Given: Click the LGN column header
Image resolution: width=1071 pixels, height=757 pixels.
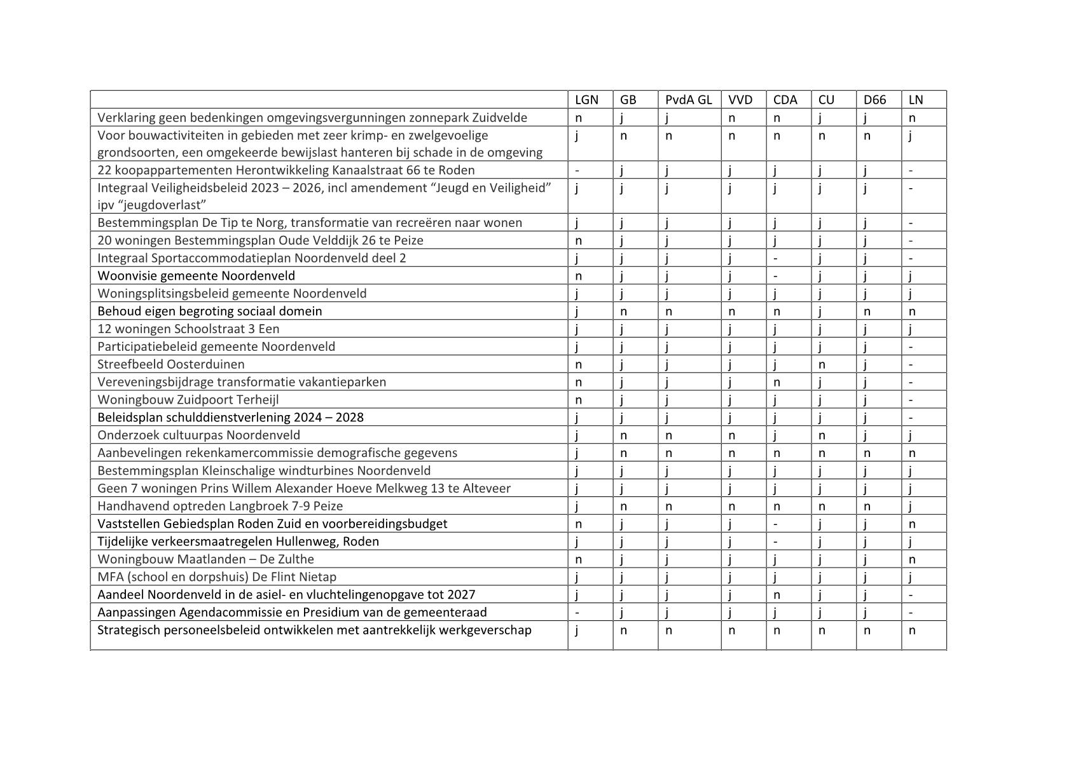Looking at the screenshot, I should (x=586, y=100).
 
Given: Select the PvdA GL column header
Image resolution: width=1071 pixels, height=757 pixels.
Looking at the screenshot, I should (x=688, y=100).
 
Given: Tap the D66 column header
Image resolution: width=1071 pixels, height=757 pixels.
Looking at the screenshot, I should (x=875, y=100).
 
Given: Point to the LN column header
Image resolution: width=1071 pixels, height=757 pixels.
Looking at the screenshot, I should (x=916, y=100).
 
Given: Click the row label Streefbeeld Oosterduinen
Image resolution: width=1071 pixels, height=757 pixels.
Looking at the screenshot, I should (x=170, y=364).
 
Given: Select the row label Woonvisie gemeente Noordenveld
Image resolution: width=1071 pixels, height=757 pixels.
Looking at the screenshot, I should (x=196, y=276).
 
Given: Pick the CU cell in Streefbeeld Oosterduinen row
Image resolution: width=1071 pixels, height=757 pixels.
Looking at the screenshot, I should (x=822, y=364).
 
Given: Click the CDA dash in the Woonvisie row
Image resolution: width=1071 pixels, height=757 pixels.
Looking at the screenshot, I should (x=776, y=276).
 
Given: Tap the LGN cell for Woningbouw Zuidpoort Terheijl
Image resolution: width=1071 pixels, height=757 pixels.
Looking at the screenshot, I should (x=579, y=400).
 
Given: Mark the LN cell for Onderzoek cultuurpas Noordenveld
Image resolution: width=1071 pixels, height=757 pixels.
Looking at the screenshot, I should (x=911, y=435).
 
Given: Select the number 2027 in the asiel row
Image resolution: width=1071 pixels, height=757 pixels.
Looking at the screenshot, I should (x=461, y=595).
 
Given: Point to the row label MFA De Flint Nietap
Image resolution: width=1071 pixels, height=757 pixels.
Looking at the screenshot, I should (x=216, y=577).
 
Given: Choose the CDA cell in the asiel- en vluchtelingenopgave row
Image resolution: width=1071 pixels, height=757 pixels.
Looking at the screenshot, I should (x=777, y=595).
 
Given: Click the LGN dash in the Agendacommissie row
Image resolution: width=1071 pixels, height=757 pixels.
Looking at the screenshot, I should (x=577, y=613).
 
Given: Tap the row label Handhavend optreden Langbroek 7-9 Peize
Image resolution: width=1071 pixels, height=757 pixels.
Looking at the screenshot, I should (x=219, y=507).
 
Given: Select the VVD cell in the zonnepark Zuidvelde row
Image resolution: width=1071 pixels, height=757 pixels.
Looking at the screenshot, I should (x=731, y=118).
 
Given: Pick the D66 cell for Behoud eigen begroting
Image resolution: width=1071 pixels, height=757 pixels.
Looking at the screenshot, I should (x=867, y=311).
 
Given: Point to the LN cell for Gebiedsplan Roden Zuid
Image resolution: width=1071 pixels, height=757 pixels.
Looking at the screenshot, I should (x=912, y=524).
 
